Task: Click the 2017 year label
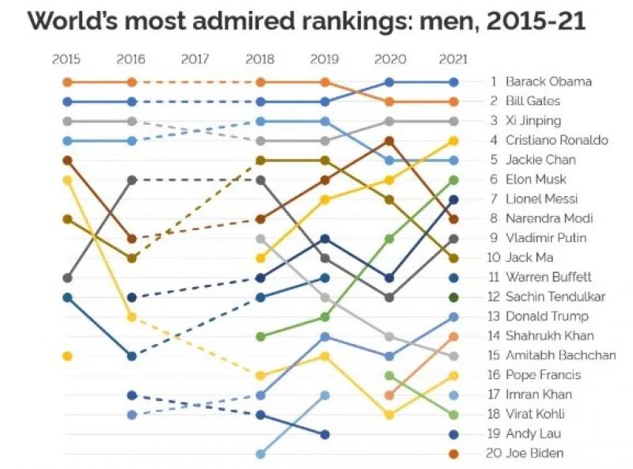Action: point(195,59)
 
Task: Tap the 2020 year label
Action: point(389,59)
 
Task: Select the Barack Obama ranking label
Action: point(548,81)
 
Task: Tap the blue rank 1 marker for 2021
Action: point(453,81)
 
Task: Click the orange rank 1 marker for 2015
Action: point(67,81)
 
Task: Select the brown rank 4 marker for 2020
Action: point(389,141)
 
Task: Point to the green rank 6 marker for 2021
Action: point(453,180)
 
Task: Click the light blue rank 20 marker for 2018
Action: point(260,453)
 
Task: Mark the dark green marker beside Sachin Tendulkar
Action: point(453,297)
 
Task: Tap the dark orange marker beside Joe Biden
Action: point(453,453)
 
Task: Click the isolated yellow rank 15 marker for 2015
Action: point(67,356)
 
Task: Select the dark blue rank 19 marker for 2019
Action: point(324,434)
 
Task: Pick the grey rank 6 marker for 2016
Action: point(131,180)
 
